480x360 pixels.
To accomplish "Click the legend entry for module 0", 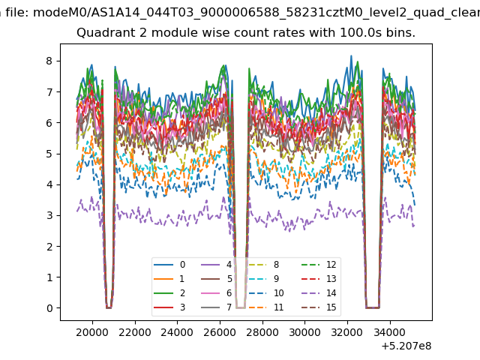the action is coord(169,265).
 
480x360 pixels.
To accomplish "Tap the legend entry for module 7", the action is coord(216,307).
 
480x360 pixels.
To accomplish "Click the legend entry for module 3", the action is coord(169,307).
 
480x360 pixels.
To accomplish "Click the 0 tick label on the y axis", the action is coord(49,308).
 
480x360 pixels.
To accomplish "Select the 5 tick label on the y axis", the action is coord(49,154).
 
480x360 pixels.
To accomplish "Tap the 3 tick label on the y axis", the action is coord(49,215).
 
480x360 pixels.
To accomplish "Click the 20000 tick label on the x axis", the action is coord(92,332).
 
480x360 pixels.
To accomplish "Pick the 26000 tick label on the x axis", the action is coord(220,332).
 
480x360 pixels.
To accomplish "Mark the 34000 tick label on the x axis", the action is coord(390,332).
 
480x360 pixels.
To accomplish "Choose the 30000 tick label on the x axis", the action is coord(305,332).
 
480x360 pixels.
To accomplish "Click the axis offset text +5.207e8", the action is coord(406,346).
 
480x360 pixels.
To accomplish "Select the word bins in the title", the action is coord(400,32).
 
